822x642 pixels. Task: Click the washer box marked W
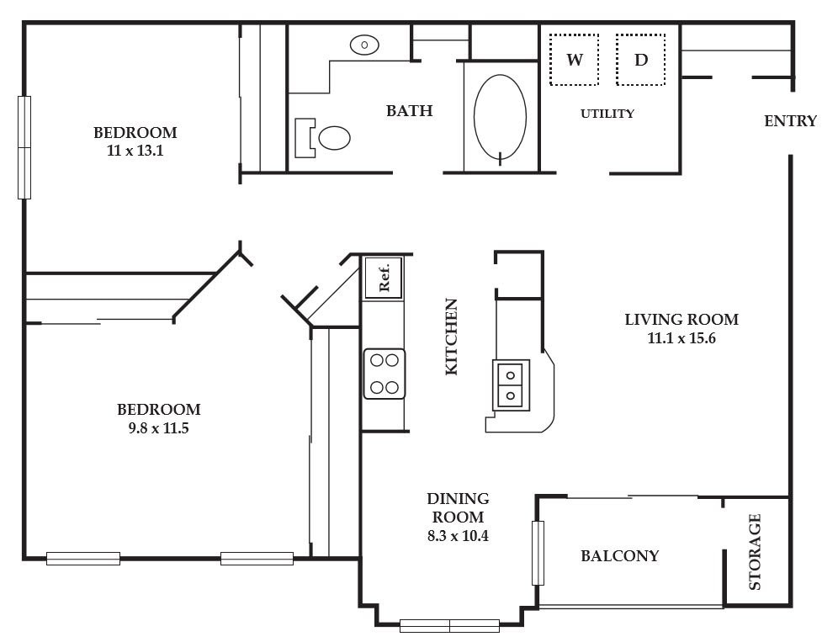coord(574,59)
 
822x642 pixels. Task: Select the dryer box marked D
coord(640,59)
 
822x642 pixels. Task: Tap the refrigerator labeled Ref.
coord(383,278)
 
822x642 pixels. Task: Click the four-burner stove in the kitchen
coord(384,374)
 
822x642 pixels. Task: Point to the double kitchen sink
coord(511,385)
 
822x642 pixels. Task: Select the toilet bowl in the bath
coord(334,138)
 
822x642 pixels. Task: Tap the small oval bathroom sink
coord(364,45)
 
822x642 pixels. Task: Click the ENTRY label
coord(790,121)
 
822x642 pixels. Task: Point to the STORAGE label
coord(755,552)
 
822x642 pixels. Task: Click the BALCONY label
coord(619,555)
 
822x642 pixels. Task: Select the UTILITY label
coord(607,114)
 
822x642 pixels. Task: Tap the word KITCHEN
coord(451,337)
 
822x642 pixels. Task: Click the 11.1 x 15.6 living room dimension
coord(681,338)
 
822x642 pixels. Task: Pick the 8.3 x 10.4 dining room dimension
coord(458,536)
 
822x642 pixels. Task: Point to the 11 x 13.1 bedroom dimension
coord(135,151)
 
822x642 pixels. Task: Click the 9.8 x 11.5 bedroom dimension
coord(158,428)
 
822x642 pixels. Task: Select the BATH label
coord(410,110)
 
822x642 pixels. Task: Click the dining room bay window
coord(449,626)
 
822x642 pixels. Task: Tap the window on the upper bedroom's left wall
coord(24,147)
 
